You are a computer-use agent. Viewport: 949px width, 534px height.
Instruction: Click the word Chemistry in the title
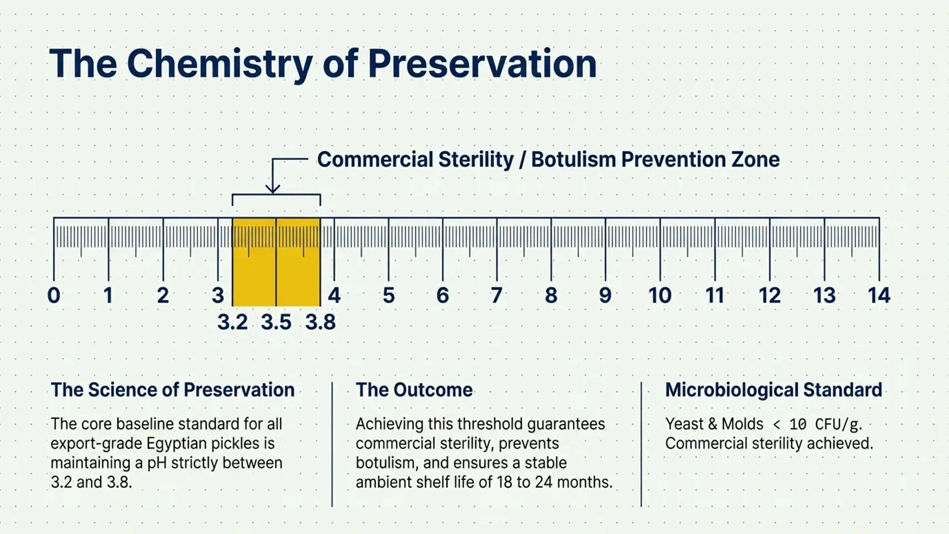220,65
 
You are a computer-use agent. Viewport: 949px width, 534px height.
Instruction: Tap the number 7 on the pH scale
496,295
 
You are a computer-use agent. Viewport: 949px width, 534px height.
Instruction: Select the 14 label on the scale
879,295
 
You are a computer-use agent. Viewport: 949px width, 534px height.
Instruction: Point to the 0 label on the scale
54,295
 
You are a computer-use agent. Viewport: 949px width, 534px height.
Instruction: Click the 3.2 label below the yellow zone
232,322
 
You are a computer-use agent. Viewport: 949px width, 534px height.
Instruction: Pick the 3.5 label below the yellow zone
276,322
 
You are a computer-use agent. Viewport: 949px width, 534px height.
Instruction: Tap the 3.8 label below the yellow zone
321,322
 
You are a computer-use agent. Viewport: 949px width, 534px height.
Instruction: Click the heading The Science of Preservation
173,390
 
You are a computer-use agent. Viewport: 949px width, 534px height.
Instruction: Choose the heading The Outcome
414,390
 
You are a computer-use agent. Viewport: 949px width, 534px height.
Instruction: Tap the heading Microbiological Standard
774,390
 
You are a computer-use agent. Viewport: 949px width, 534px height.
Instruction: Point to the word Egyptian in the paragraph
177,444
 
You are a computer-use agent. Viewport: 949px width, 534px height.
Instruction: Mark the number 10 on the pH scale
660,295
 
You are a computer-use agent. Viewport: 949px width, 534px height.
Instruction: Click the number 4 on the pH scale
334,295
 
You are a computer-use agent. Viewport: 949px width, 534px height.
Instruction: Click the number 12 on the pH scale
769,295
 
